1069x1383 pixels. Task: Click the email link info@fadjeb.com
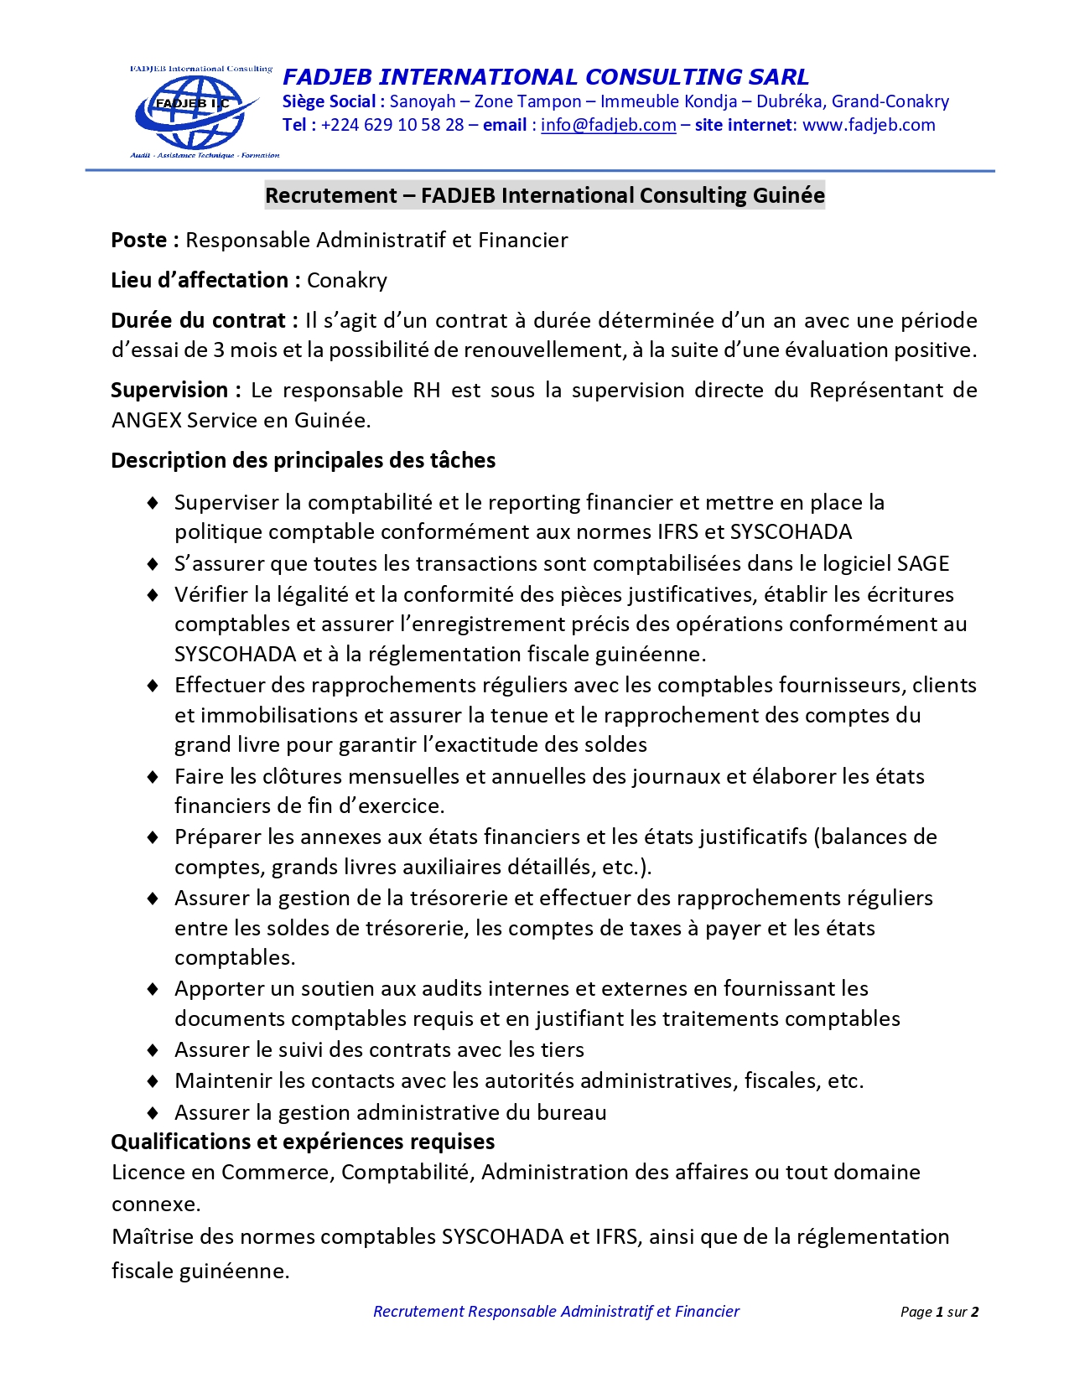pyautogui.click(x=608, y=125)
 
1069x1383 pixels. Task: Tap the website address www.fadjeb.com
pyautogui.click(x=869, y=125)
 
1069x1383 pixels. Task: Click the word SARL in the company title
pyautogui.click(x=779, y=77)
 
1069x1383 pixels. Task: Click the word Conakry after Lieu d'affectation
pyautogui.click(x=347, y=281)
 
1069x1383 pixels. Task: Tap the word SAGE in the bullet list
pyautogui.click(x=923, y=563)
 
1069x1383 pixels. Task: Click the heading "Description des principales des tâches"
pyautogui.click(x=303, y=460)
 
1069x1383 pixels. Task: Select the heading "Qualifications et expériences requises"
pyautogui.click(x=303, y=1142)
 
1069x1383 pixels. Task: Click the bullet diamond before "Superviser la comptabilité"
pyautogui.click(x=153, y=503)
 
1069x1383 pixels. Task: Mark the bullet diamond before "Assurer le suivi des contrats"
pyautogui.click(x=153, y=1050)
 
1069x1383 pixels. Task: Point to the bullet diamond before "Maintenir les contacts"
pyautogui.click(x=153, y=1081)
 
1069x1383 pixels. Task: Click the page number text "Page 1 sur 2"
pyautogui.click(x=939, y=1312)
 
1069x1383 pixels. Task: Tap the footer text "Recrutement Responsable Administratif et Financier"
pyautogui.click(x=556, y=1312)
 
